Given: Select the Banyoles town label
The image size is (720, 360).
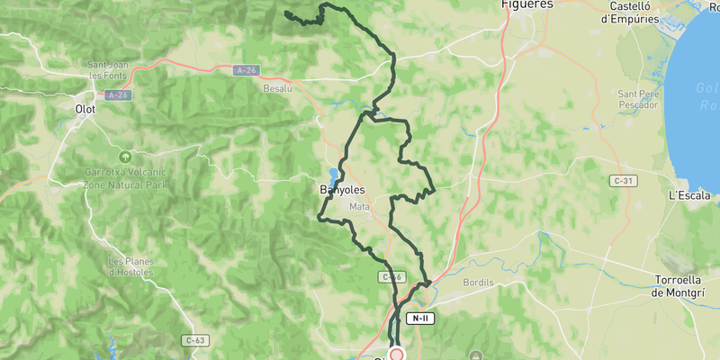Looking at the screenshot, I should click(x=342, y=191).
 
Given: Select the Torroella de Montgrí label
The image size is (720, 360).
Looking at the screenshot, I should click(x=683, y=285).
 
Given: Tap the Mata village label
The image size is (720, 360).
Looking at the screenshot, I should click(x=359, y=207).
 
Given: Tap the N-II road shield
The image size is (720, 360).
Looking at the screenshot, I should click(x=419, y=319).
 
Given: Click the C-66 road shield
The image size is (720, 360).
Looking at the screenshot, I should click(x=393, y=277).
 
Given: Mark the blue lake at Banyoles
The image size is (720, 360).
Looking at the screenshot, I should click(x=334, y=174).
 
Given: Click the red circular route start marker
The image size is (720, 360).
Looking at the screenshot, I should click(x=396, y=355).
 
